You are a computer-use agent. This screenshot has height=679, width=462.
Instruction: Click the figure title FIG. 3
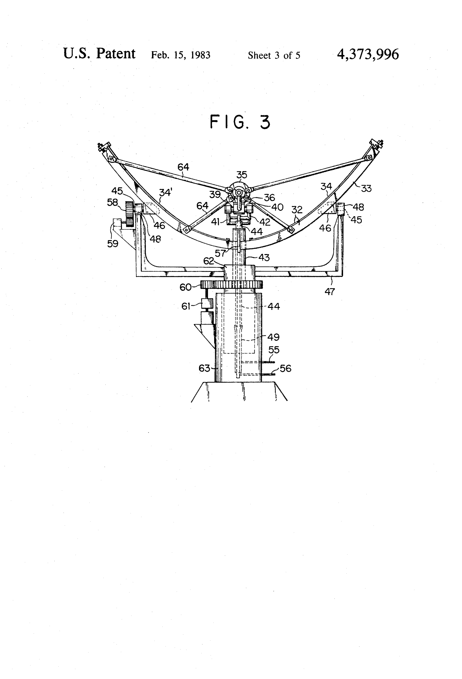(240, 122)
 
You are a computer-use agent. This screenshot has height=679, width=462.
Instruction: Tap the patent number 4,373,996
(368, 54)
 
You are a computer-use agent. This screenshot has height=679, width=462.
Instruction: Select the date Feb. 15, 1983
(180, 55)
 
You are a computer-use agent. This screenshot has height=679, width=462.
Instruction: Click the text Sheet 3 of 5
(274, 55)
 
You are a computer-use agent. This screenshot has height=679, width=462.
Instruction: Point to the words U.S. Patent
(99, 54)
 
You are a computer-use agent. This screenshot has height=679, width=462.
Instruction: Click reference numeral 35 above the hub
(242, 175)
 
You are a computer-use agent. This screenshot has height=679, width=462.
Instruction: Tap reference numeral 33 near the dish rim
(366, 188)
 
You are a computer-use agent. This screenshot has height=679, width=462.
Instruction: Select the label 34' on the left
(165, 192)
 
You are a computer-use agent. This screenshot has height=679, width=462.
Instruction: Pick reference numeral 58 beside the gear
(113, 202)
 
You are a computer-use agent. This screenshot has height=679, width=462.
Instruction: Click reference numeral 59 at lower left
(113, 243)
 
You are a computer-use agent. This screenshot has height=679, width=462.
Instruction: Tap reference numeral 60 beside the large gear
(185, 287)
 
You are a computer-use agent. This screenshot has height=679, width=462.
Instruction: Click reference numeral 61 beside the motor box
(186, 306)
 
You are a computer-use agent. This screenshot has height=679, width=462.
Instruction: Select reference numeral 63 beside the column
(204, 368)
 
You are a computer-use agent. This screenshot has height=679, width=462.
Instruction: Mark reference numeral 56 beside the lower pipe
(285, 368)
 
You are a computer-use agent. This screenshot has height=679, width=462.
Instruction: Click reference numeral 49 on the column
(273, 337)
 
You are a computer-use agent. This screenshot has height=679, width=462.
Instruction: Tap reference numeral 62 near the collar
(209, 261)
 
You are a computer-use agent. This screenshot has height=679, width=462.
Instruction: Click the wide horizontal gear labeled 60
(232, 284)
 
